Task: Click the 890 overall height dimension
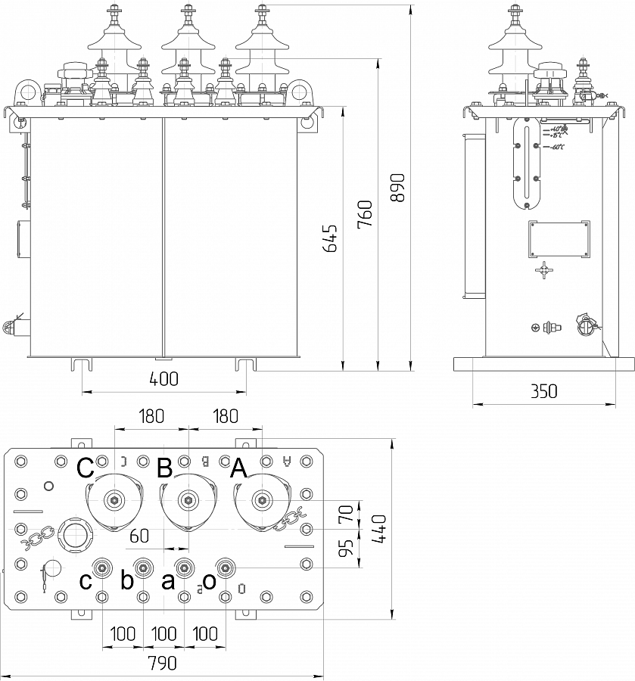(x=399, y=188)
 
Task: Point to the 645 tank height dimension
(x=331, y=238)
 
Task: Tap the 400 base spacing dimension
(x=163, y=379)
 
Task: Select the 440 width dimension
(x=380, y=529)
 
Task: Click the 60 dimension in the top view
(x=138, y=536)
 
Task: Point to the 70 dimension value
(x=345, y=516)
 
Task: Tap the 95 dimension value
(x=345, y=549)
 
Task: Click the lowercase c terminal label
(x=87, y=581)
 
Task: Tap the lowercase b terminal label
(x=127, y=581)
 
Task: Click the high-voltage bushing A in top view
(x=262, y=499)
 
